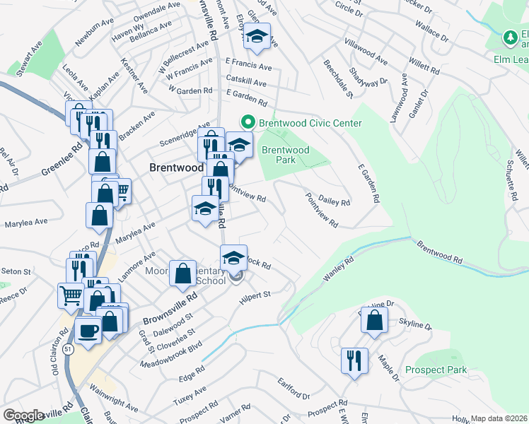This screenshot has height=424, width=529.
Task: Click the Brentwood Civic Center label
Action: pos(310,123)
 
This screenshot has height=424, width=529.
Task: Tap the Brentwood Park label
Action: pos(286,155)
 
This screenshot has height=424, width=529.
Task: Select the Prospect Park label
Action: pos(436,370)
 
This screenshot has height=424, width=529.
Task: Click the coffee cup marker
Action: pos(88,330)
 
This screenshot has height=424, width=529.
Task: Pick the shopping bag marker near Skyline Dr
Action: pos(373,319)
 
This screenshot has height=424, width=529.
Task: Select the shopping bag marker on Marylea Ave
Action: pos(98,216)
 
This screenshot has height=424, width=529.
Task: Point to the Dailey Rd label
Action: pos(335,202)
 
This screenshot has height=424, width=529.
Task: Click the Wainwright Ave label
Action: pos(115,398)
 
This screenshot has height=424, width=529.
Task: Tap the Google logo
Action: pos(23,415)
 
